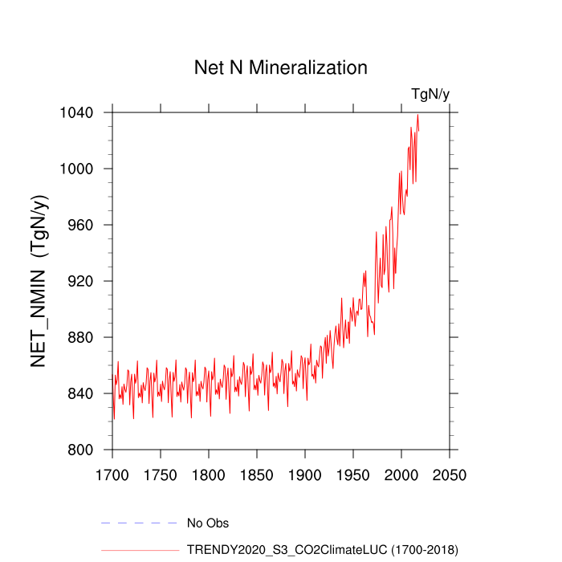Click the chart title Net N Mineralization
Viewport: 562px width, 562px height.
(x=281, y=67)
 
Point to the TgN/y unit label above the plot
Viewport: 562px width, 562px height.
(x=430, y=95)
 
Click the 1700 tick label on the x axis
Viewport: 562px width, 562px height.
(x=112, y=474)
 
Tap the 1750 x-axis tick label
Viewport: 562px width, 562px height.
(x=161, y=474)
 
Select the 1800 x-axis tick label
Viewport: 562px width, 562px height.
(x=209, y=474)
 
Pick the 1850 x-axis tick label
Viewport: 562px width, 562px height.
(x=257, y=474)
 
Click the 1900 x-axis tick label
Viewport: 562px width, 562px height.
(x=305, y=474)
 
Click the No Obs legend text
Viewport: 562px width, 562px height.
(x=207, y=523)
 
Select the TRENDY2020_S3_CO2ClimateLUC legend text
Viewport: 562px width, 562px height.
(x=322, y=550)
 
